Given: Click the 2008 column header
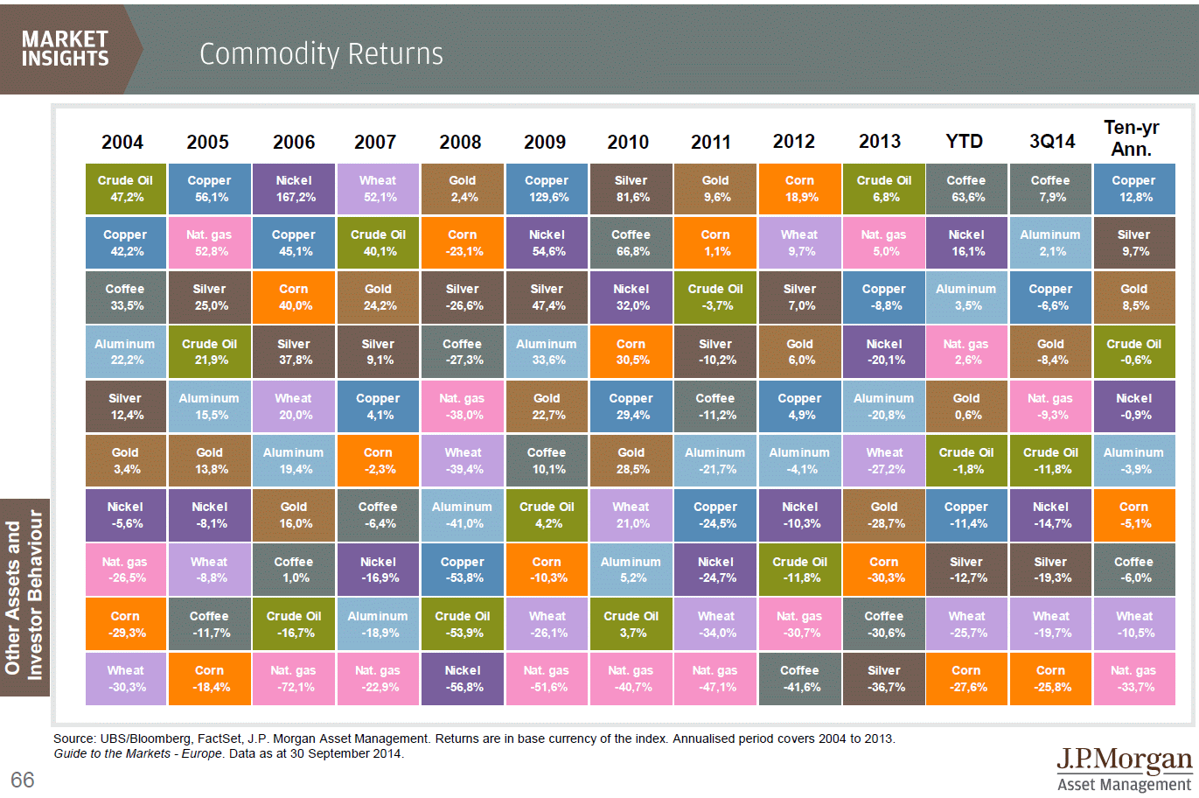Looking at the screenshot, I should [x=460, y=142].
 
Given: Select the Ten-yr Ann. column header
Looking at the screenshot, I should [x=1131, y=138].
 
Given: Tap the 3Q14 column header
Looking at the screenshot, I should [x=1051, y=142].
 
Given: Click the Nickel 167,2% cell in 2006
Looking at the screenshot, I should [x=294, y=189].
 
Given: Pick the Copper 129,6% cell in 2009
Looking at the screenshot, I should [x=547, y=189].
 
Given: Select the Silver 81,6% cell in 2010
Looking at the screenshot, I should [x=631, y=189].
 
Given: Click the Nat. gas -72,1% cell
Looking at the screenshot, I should [x=294, y=679].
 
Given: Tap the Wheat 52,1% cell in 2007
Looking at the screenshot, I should [x=378, y=189].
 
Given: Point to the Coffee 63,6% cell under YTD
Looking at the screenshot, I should [x=966, y=189].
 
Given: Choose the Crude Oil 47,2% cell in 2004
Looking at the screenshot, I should [x=125, y=189].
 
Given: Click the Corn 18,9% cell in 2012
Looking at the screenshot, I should [x=799, y=189].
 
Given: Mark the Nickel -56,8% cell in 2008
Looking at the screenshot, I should [x=463, y=679].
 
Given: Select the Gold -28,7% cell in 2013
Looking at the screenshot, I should [x=884, y=515].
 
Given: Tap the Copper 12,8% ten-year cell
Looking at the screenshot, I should [x=1134, y=189].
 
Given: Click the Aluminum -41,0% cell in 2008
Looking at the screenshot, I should [x=463, y=515].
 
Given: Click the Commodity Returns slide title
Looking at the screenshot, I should [x=321, y=54].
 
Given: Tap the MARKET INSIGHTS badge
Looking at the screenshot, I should [x=66, y=49].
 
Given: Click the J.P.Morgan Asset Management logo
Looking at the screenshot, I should [x=1124, y=768].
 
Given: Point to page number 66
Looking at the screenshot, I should [x=23, y=780].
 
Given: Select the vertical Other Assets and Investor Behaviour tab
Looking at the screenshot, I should [x=24, y=597].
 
